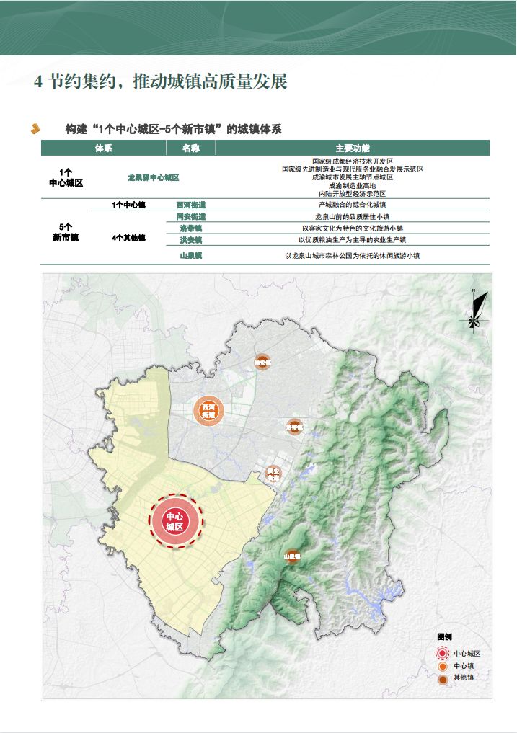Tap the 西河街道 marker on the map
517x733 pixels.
click(x=208, y=411)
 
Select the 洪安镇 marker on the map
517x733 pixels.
click(x=262, y=363)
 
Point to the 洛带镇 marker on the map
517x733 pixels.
click(x=293, y=427)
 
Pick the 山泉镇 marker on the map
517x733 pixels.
click(x=291, y=556)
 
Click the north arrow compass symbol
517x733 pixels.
click(x=476, y=310)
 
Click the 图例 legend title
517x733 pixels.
click(x=444, y=637)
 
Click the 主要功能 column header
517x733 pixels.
click(x=353, y=148)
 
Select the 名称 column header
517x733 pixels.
click(x=191, y=148)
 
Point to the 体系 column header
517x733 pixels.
click(x=103, y=148)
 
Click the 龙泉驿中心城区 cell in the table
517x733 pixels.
click(x=153, y=177)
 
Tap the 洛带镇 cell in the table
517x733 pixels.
click(x=191, y=228)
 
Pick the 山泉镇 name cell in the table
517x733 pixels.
click(x=191, y=256)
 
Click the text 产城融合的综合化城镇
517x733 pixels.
click(x=353, y=205)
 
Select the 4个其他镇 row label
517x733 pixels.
click(x=129, y=238)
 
